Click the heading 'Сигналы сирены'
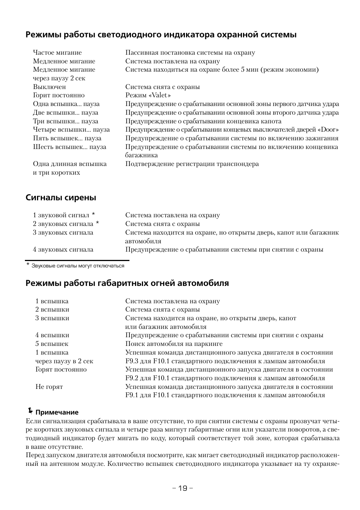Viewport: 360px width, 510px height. tap(61, 198)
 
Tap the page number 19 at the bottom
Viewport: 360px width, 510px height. tap(183, 488)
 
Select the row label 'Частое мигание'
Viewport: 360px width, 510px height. tap(57, 53)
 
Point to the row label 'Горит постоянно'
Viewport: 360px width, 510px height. tap(58, 95)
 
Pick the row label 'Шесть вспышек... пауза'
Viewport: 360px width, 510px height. tap(69, 147)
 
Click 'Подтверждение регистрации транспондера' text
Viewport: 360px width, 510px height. tap(192, 164)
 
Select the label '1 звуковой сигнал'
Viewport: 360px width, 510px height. tap(61, 215)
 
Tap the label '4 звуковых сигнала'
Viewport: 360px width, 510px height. tap(63, 250)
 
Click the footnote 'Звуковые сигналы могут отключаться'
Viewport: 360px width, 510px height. tap(78, 266)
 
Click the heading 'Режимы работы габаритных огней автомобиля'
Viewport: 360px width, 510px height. tap(127, 283)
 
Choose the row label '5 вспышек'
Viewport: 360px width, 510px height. tap(52, 344)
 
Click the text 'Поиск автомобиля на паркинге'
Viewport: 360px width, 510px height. tap(174, 344)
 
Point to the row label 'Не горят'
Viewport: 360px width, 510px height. tap(49, 387)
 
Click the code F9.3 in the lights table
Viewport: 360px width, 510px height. tap(132, 361)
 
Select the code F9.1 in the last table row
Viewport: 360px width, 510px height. tap(132, 396)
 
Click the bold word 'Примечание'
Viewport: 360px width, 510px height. tap(57, 412)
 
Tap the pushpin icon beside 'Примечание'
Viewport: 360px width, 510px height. tap(30, 411)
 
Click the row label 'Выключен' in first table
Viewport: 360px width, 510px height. tap(49, 87)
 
